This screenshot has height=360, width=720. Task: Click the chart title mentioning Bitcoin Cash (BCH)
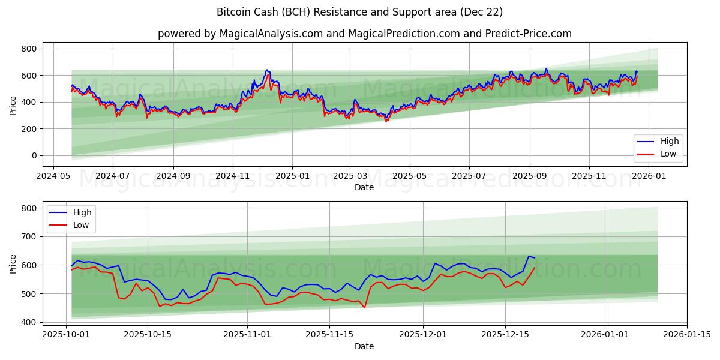(x=359, y=12)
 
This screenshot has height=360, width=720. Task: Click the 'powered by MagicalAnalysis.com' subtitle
(x=364, y=34)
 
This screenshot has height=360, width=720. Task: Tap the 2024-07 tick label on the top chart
(x=113, y=176)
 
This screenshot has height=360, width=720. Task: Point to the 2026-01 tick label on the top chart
(x=649, y=176)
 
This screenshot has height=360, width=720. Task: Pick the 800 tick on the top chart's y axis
(x=28, y=49)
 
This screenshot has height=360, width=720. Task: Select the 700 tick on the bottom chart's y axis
(x=28, y=236)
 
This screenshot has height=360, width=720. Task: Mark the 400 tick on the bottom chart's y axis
(x=28, y=322)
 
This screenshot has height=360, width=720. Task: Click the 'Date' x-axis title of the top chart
(x=364, y=187)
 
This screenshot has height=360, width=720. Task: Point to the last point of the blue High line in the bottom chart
(x=535, y=258)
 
